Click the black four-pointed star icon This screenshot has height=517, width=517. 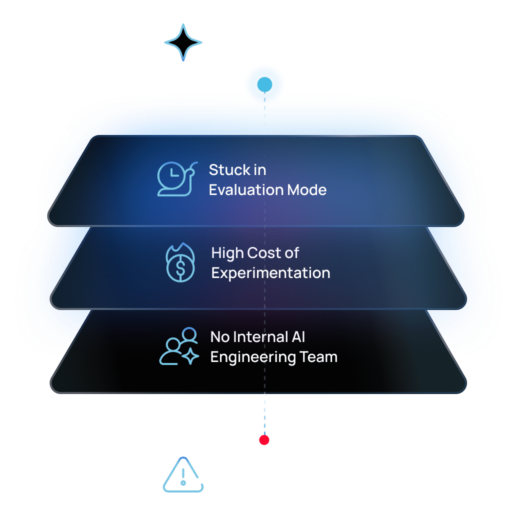(x=183, y=42)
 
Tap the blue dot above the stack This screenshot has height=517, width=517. (x=265, y=84)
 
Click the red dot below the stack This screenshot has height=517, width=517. (x=264, y=440)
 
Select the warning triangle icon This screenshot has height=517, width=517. (x=183, y=474)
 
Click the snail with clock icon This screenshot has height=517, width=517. (x=177, y=179)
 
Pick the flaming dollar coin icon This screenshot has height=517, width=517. (x=180, y=262)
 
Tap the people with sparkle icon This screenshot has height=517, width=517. (x=179, y=346)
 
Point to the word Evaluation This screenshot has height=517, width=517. (x=246, y=190)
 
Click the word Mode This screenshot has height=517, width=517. (x=306, y=190)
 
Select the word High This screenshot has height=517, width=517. (x=227, y=253)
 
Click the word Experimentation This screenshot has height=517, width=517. (x=270, y=273)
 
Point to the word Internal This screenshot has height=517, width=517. (x=261, y=337)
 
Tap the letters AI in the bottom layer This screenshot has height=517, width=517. (x=298, y=337)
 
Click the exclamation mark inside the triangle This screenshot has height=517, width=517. (x=183, y=477)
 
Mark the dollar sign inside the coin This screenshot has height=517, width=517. (x=180, y=267)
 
